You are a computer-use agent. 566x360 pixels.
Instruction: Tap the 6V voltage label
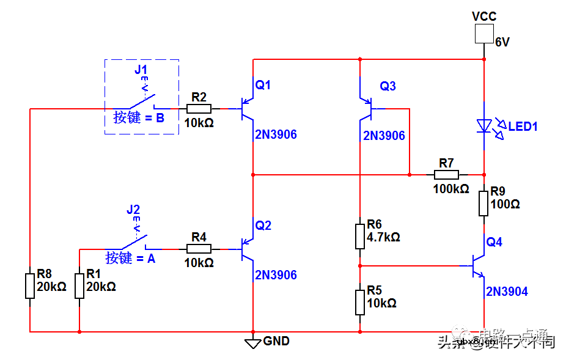pyautogui.click(x=502, y=43)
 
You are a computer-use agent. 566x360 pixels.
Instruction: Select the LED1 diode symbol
pyautogui.click(x=484, y=127)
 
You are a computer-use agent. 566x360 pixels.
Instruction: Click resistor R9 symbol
pyautogui.click(x=483, y=203)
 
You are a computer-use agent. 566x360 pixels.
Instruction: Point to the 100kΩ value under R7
pyautogui.click(x=451, y=189)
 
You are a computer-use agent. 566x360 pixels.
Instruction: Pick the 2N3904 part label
pyautogui.click(x=507, y=292)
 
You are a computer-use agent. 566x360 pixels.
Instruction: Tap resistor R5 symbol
pyautogui.click(x=360, y=302)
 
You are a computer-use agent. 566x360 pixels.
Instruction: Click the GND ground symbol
pyautogui.click(x=253, y=343)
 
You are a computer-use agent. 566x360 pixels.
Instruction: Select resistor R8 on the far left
pyautogui.click(x=30, y=286)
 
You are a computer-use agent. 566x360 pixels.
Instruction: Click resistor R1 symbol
pyautogui.click(x=79, y=286)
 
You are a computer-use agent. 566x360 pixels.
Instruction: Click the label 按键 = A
pyautogui.click(x=130, y=259)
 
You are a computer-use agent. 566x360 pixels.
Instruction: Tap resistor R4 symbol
pyautogui.click(x=199, y=249)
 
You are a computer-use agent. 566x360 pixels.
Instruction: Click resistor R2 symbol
pyautogui.click(x=199, y=109)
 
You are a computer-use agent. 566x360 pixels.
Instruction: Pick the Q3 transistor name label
pyautogui.click(x=388, y=86)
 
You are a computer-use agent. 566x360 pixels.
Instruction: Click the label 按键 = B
pyautogui.click(x=139, y=118)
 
